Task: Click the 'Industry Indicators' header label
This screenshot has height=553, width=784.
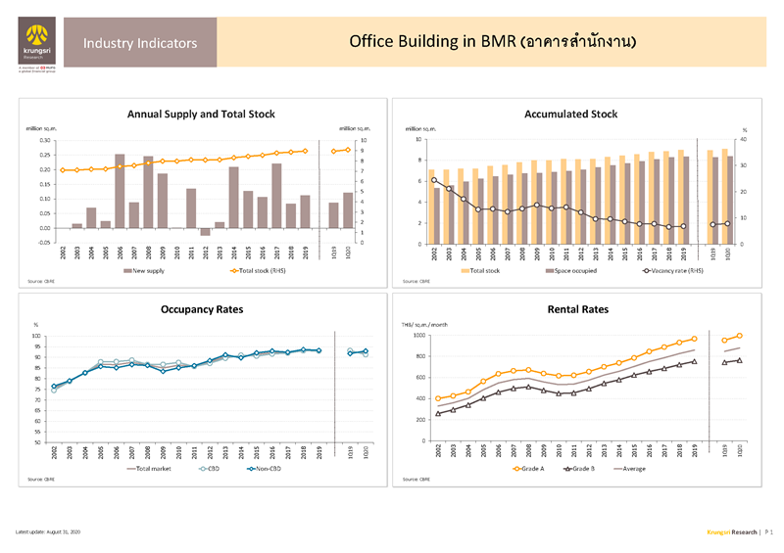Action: click(140, 43)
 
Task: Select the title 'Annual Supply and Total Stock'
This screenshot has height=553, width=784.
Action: click(201, 115)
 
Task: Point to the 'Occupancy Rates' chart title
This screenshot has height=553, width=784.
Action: click(202, 309)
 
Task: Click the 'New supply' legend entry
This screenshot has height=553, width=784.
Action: click(149, 270)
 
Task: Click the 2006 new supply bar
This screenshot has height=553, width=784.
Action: click(120, 191)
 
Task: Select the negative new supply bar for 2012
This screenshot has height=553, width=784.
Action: click(206, 232)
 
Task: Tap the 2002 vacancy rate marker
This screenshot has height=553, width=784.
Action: click(434, 180)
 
